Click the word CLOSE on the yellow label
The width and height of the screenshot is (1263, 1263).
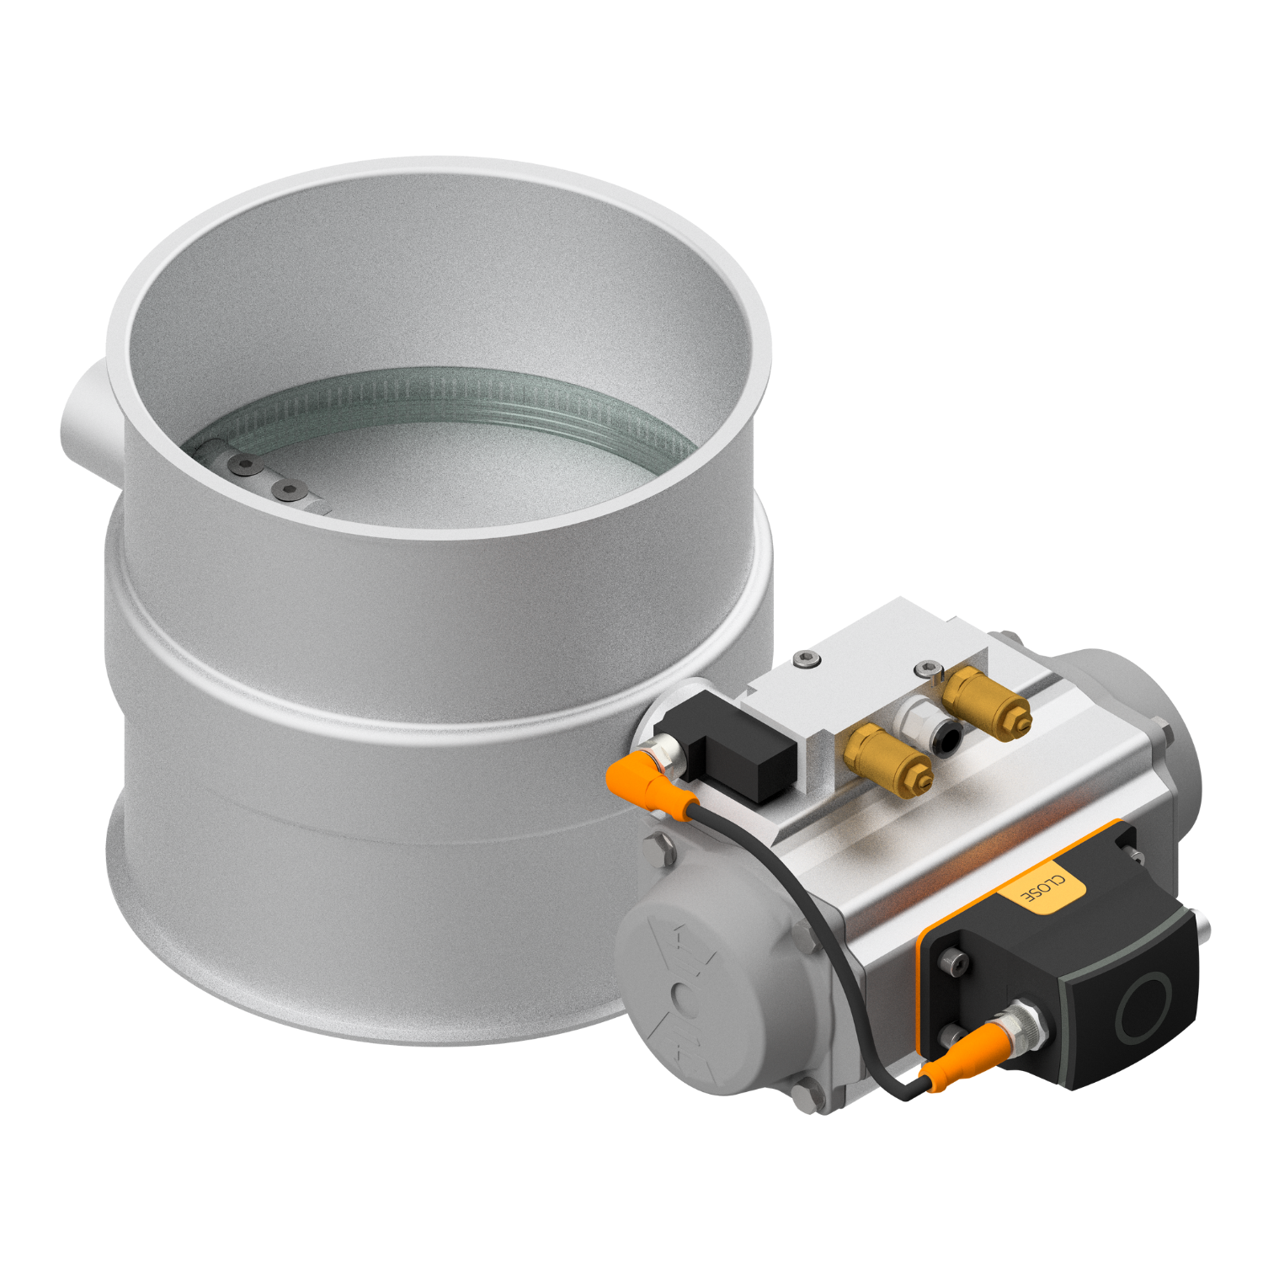coord(1042,890)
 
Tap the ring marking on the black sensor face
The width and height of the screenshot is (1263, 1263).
coord(1145,1007)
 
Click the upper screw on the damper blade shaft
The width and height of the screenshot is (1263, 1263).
coord(245,463)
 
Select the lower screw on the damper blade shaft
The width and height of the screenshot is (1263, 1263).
coord(289,489)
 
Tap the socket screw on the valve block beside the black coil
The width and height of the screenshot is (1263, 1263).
coord(807,658)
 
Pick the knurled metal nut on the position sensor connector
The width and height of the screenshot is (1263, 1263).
coord(1029,1022)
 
